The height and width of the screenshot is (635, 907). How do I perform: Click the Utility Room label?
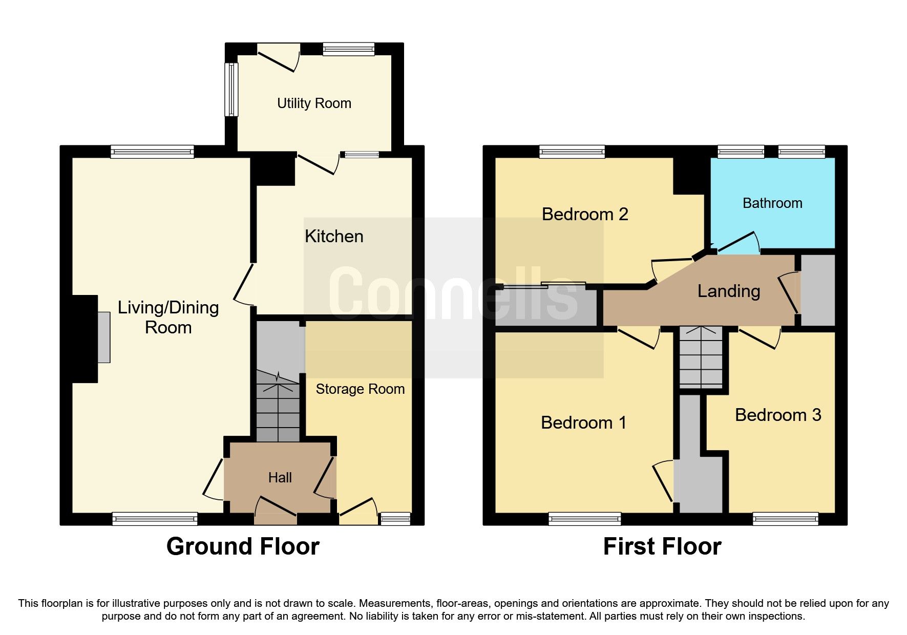point(314,103)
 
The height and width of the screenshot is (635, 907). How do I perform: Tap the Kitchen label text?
point(334,237)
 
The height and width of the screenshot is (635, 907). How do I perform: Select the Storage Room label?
point(360,389)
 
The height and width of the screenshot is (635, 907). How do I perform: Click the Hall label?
point(280,478)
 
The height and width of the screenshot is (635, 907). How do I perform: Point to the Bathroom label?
point(772,203)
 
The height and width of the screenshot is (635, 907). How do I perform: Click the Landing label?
point(728,291)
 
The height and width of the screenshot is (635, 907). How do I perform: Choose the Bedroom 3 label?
point(777,415)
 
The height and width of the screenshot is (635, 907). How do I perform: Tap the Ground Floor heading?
point(243,546)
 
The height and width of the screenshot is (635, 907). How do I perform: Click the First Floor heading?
point(662,546)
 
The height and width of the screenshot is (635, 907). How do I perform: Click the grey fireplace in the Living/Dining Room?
point(104,337)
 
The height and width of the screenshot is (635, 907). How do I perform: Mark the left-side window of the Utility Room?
point(231,89)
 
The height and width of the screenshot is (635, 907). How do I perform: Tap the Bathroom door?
point(737,243)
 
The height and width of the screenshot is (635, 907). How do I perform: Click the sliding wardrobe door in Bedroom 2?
point(543,285)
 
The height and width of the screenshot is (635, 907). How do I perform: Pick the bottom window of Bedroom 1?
point(584,519)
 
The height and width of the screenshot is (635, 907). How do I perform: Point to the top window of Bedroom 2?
point(572,152)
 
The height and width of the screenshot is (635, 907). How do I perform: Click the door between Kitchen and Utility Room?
point(318,164)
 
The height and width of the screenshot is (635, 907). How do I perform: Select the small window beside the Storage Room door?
point(395,519)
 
